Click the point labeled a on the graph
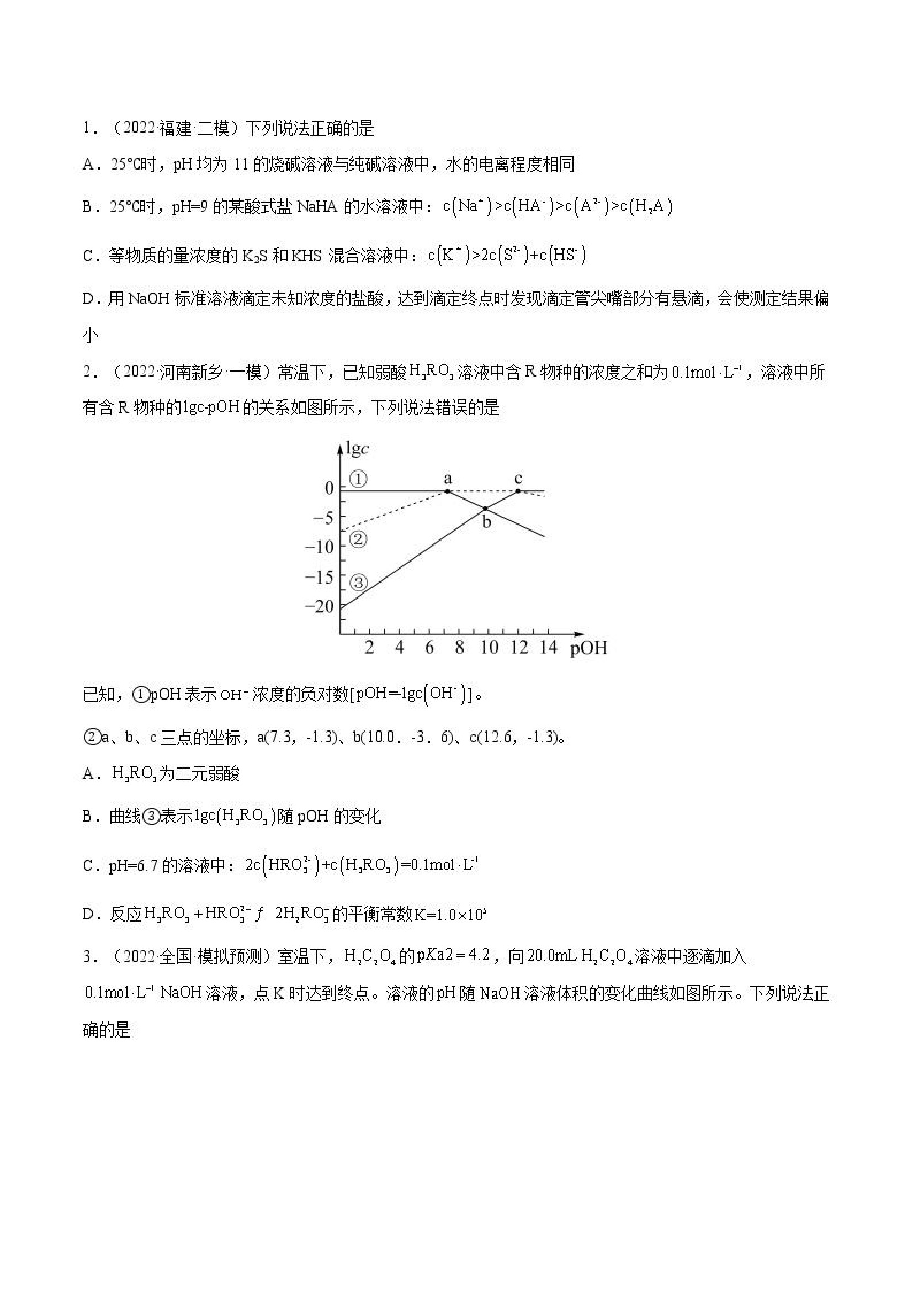coord(447,491)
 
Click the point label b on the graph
coord(487,522)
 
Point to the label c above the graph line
coord(518,478)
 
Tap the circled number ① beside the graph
coord(358,479)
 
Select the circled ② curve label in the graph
coord(358,539)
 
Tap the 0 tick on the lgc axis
coord(330,488)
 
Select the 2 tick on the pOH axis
coord(369,648)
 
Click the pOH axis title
coord(589,648)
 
